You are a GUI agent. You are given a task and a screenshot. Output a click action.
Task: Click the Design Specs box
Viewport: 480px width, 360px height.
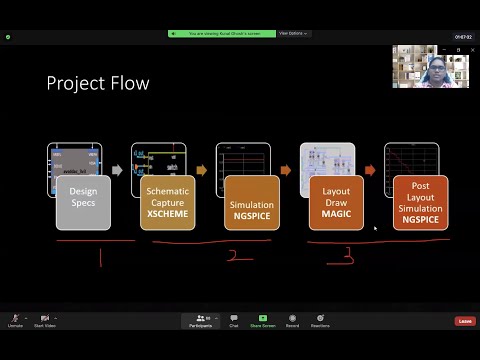pos(83,202)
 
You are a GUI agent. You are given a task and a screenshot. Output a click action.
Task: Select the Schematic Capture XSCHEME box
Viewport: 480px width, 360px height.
pos(167,202)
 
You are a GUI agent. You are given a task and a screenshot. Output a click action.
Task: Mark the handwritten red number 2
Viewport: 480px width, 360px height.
pos(232,257)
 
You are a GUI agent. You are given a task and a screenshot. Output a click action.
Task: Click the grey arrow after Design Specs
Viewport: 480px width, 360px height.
pos(117,170)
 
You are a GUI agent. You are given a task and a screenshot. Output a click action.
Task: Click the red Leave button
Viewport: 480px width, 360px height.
pos(464,321)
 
